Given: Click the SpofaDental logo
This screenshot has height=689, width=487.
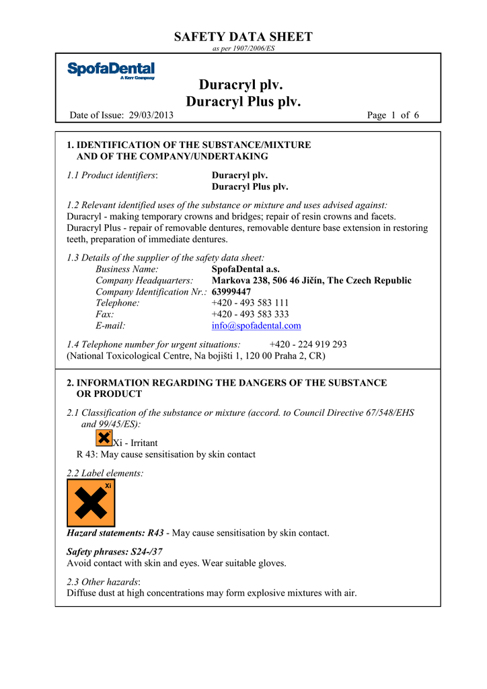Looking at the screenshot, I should pyautogui.click(x=111, y=71).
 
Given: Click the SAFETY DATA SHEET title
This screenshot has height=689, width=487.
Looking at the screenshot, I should pyautogui.click(x=243, y=37).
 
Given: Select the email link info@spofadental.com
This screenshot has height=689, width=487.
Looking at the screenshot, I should pyautogui.click(x=256, y=326).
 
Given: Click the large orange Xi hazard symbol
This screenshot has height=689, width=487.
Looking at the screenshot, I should pyautogui.click(x=91, y=503).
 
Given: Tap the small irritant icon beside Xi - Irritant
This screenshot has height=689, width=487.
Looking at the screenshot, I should pyautogui.click(x=104, y=439).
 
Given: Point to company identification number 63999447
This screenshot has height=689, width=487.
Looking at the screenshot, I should pyautogui.click(x=231, y=292).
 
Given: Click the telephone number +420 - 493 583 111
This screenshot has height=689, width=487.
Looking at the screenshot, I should pyautogui.click(x=250, y=303).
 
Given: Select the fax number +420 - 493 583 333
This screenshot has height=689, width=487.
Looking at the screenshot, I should pyautogui.click(x=250, y=314).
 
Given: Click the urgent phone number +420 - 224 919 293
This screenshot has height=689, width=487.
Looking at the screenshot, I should pyautogui.click(x=308, y=344).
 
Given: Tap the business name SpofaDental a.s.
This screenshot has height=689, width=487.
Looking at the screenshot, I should pyautogui.click(x=246, y=269).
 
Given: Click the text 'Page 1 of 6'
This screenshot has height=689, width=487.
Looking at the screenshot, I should pyautogui.click(x=394, y=116).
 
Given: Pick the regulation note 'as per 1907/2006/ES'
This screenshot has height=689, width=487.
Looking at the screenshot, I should pyautogui.click(x=243, y=49).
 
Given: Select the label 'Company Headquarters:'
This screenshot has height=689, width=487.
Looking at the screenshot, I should pyautogui.click(x=145, y=281).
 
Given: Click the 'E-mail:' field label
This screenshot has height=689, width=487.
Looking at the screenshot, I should pyautogui.click(x=110, y=326).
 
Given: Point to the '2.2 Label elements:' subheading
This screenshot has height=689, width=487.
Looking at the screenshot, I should pyautogui.click(x=105, y=474).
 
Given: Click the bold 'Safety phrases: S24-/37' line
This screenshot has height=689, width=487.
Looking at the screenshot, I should pyautogui.click(x=114, y=551).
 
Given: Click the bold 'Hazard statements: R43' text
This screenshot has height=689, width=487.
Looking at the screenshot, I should pyautogui.click(x=116, y=533).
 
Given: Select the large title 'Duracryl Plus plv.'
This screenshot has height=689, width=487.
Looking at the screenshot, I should pyautogui.click(x=243, y=102).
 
